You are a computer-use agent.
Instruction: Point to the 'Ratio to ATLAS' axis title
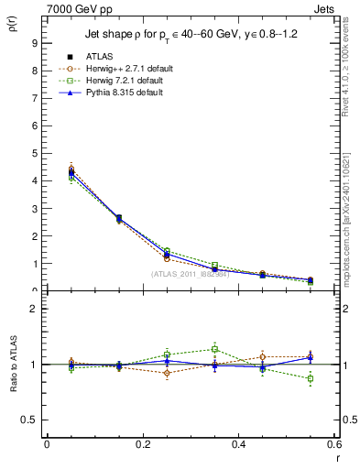click(12, 360)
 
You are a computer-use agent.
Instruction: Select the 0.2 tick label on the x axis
click(142, 444)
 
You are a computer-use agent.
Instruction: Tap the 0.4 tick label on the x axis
click(238, 444)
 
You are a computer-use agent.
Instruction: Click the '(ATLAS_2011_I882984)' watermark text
click(190, 274)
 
